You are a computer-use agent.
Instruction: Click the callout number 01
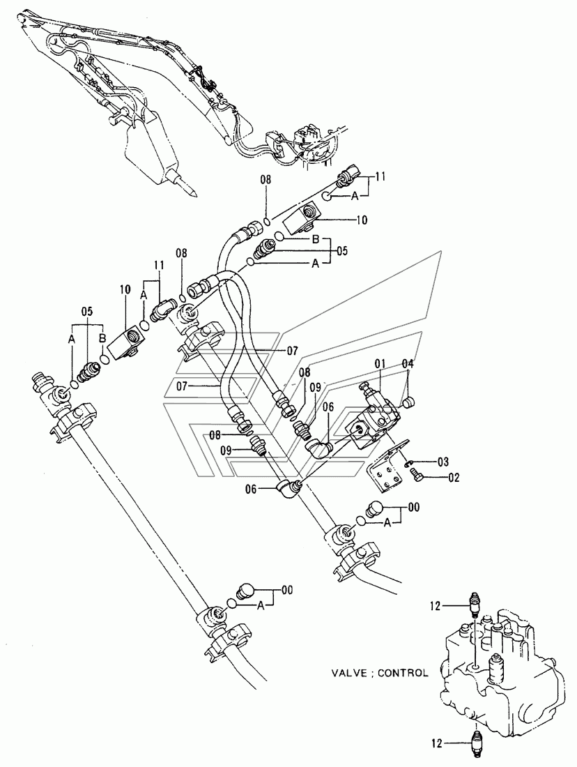[380, 363]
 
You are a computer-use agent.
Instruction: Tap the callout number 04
[408, 363]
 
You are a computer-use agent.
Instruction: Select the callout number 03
[443, 462]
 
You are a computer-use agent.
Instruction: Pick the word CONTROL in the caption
[403, 673]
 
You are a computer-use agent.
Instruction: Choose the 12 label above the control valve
[436, 607]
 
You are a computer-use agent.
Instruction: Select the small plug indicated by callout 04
[409, 402]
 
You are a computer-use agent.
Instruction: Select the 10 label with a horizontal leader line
[362, 220]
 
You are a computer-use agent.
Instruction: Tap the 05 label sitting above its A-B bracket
[87, 311]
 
